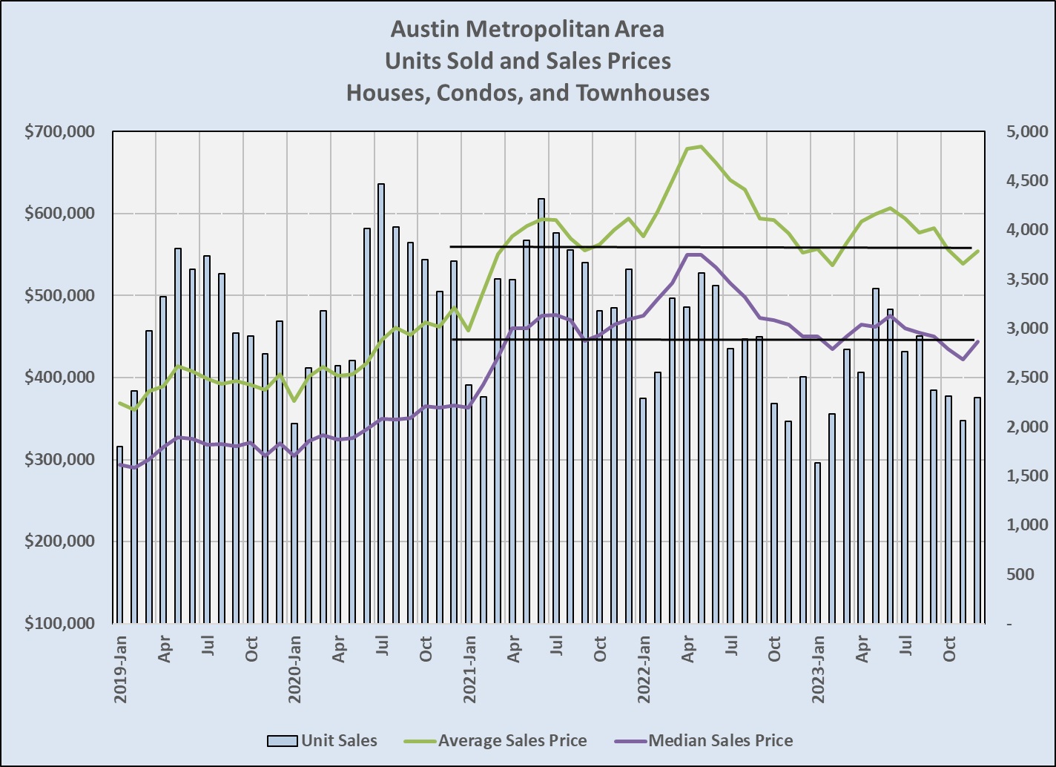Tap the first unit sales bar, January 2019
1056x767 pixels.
tap(119, 534)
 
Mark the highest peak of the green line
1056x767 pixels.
tap(701, 147)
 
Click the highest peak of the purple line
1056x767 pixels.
tap(694, 254)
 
